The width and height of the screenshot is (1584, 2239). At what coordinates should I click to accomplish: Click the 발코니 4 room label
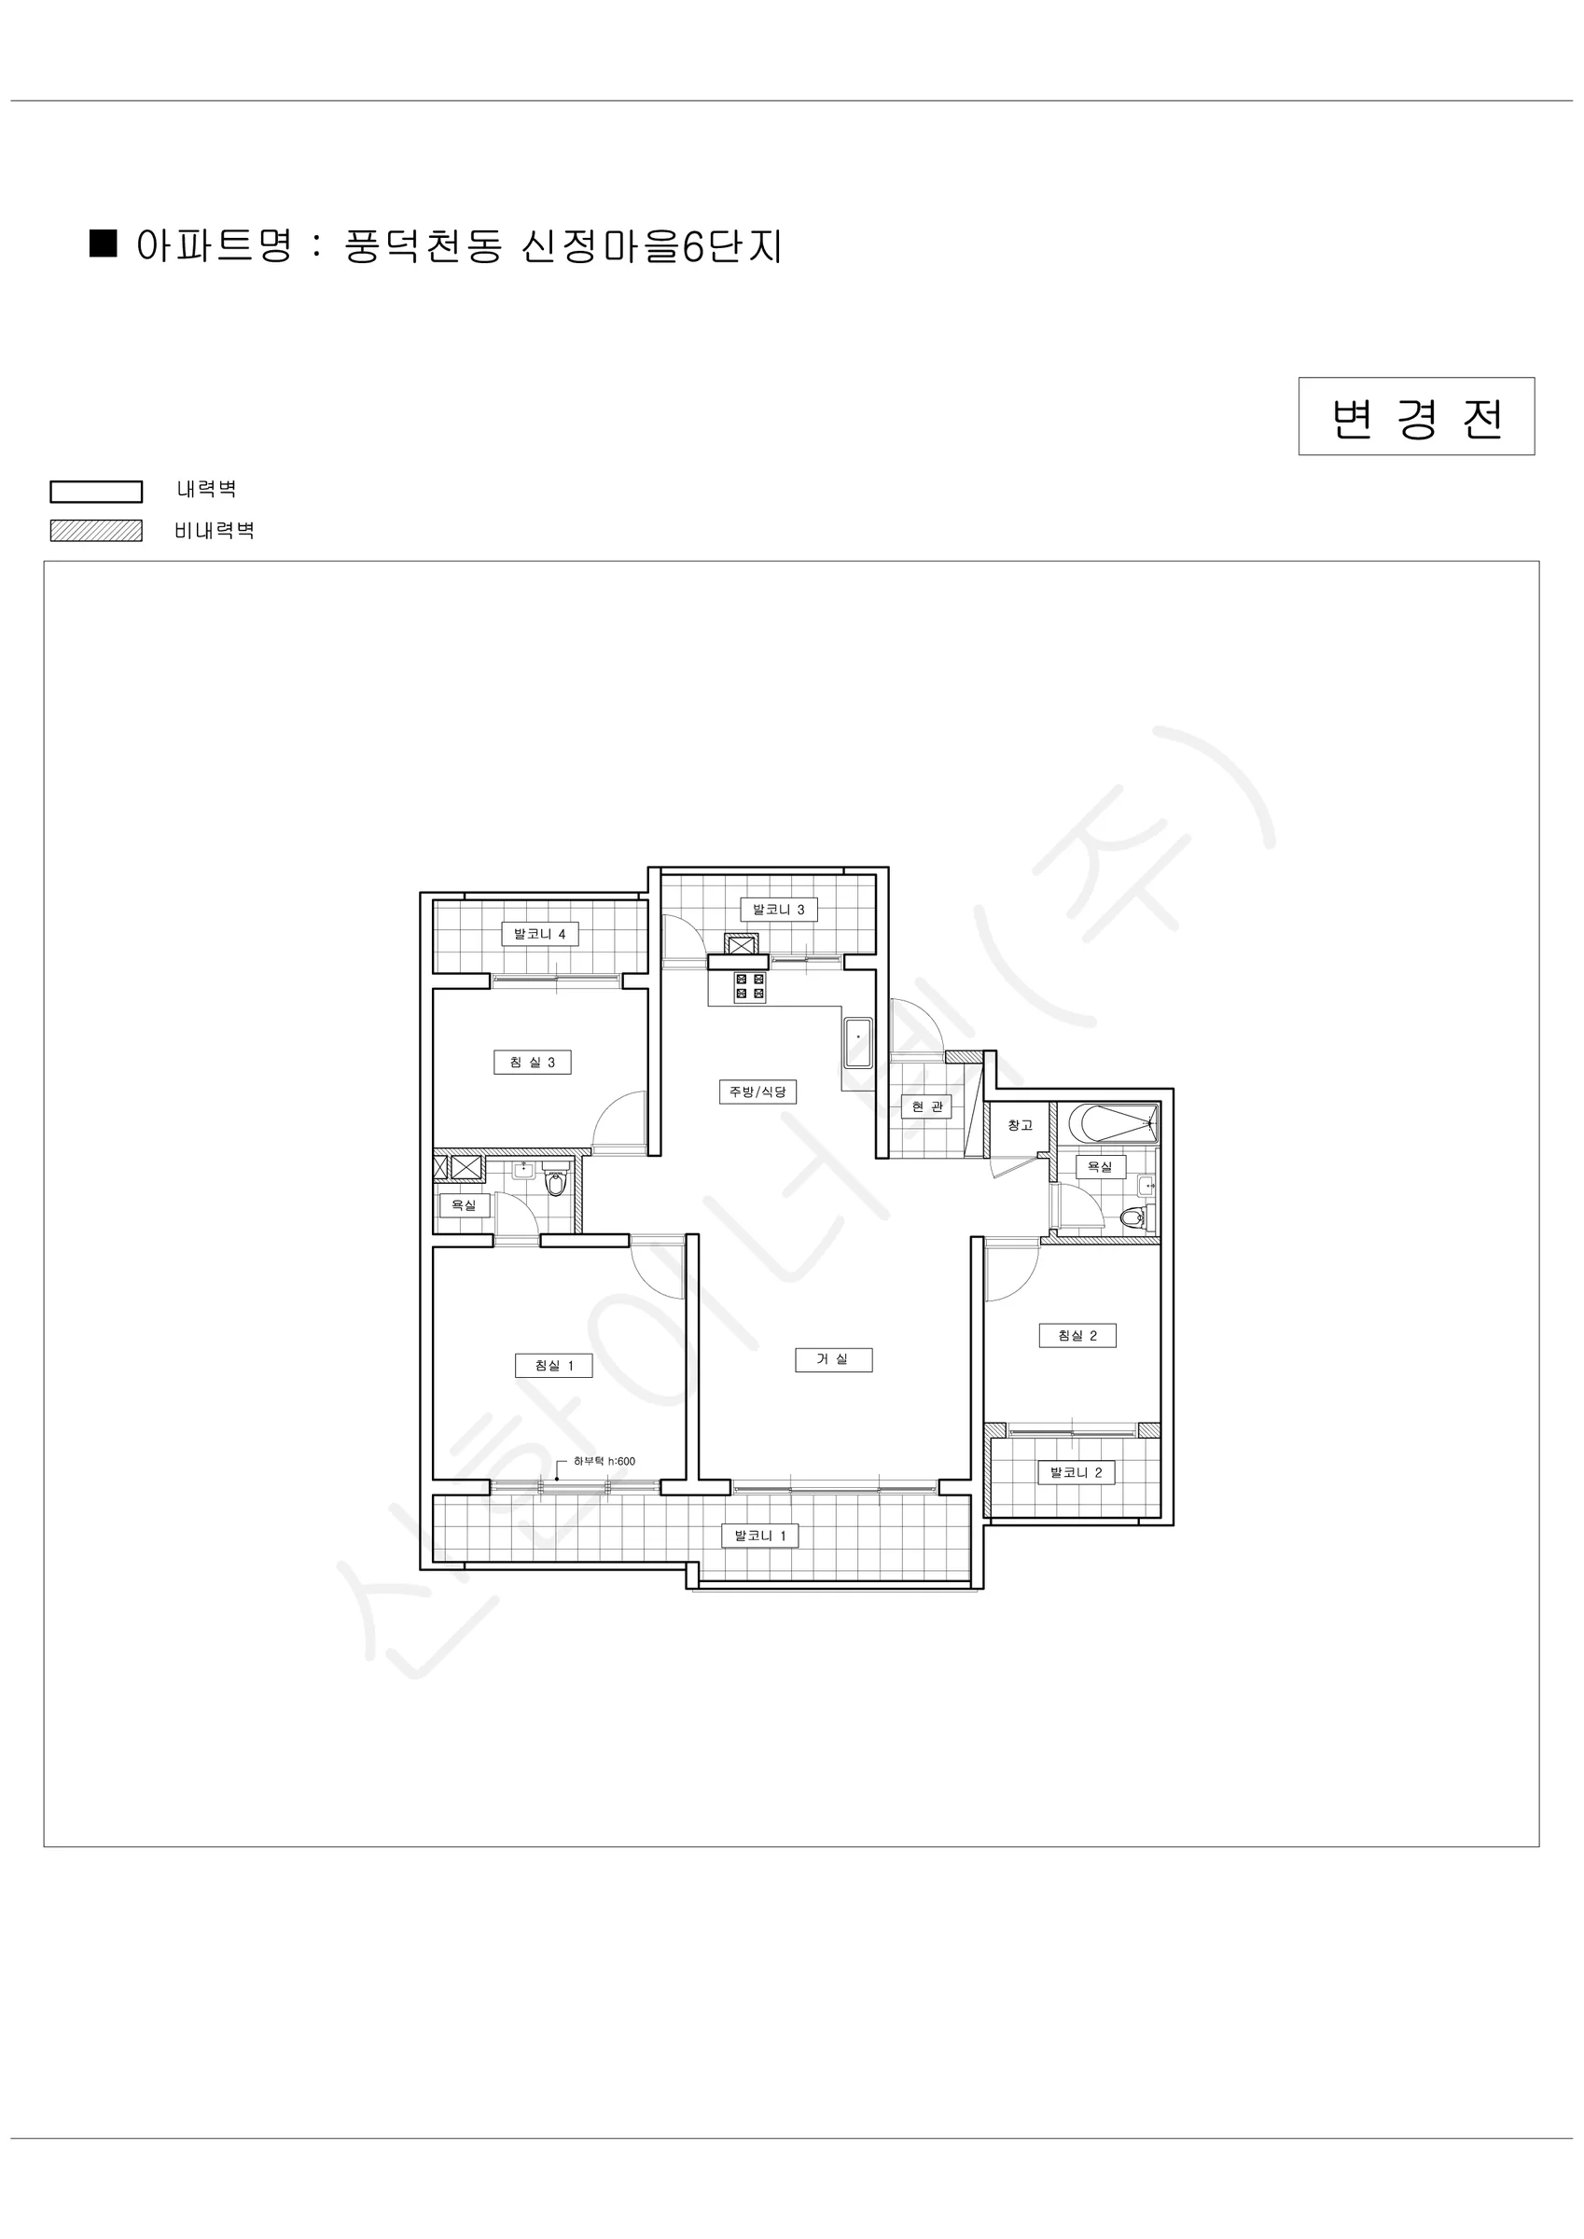tap(539, 934)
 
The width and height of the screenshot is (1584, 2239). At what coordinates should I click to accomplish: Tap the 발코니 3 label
tap(778, 910)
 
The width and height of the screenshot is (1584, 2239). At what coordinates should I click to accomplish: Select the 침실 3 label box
tap(533, 1062)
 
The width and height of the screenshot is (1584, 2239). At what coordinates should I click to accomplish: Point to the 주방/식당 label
tap(757, 1092)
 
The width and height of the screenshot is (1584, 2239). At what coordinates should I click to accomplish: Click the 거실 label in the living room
tap(833, 1359)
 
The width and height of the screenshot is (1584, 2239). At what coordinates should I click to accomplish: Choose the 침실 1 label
tap(554, 1365)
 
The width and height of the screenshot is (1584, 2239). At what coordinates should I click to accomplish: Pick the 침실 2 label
tap(1077, 1335)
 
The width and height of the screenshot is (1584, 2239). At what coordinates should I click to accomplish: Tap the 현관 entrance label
tap(926, 1106)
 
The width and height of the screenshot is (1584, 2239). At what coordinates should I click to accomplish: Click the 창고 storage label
tap(1020, 1125)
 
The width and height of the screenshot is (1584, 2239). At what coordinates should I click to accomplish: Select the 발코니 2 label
tap(1076, 1472)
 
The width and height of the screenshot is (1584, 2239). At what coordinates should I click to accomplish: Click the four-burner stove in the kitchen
tap(750, 987)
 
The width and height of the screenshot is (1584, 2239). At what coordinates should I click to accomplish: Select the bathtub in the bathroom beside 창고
tap(1113, 1122)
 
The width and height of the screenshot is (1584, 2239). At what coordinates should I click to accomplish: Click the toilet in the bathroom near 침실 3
tap(555, 1183)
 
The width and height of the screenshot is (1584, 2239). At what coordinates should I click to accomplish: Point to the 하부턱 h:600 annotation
tap(604, 1461)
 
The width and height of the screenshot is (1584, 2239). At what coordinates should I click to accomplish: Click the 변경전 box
tap(1416, 416)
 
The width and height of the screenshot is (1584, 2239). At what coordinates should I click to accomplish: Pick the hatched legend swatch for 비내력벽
tap(97, 531)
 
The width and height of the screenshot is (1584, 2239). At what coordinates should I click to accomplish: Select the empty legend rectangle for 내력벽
tap(97, 492)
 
